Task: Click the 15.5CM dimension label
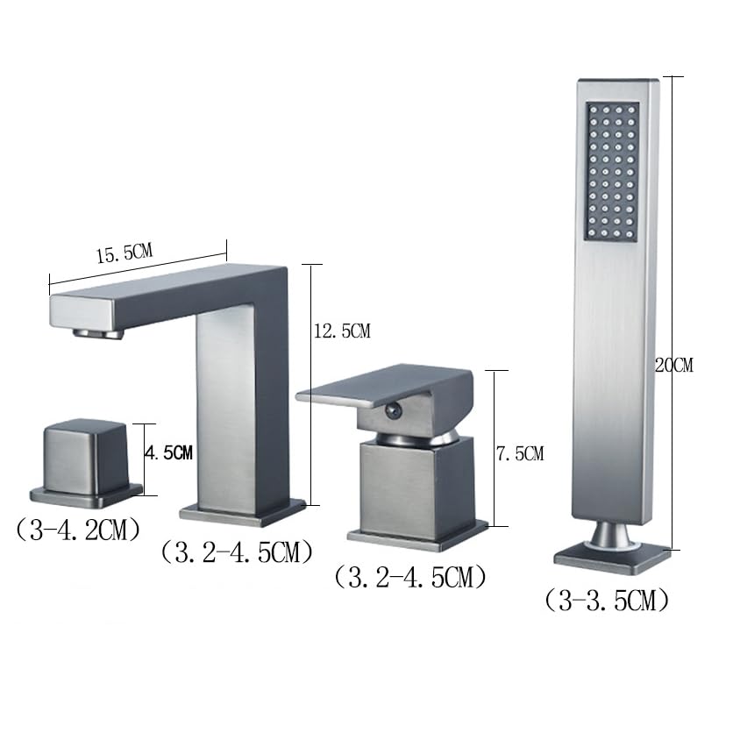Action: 125,253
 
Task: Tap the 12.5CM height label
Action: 342,331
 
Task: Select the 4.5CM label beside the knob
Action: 168,452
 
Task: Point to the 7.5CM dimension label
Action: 520,453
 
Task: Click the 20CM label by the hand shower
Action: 674,365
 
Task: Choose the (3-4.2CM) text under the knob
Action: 78,530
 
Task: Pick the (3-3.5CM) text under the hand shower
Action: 607,600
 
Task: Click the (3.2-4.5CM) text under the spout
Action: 237,552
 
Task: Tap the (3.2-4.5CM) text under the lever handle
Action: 410,577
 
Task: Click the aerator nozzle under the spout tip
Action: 98,333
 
